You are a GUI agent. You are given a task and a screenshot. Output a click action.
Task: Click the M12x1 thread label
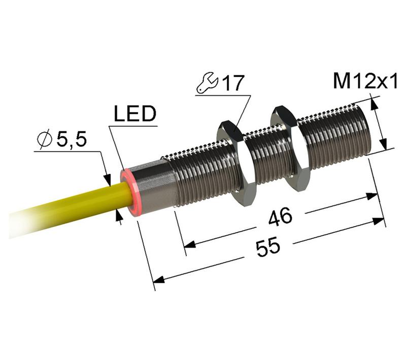click(x=365, y=81)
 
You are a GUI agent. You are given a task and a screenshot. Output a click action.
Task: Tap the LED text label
click(x=134, y=114)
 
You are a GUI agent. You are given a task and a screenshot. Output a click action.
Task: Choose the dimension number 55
click(x=268, y=247)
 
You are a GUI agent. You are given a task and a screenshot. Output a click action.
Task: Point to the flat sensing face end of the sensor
click(x=366, y=127)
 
